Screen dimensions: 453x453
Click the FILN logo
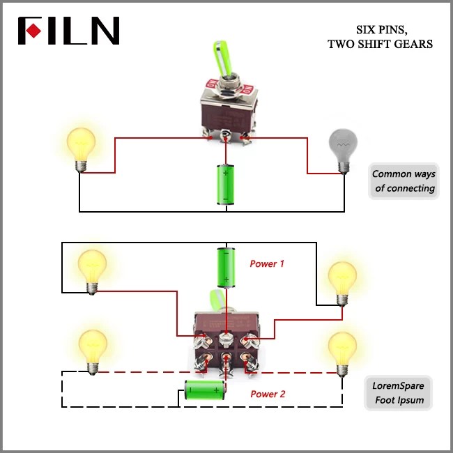click(68, 31)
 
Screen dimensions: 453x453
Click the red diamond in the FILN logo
click(32, 31)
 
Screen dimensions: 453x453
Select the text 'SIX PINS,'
click(381, 30)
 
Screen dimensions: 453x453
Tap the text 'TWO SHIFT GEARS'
click(380, 44)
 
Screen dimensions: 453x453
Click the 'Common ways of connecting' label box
click(403, 181)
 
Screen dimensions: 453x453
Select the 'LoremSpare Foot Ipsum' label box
click(398, 393)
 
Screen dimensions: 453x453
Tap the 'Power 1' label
click(267, 263)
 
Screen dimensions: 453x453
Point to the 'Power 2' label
click(268, 394)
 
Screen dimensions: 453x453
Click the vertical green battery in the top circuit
click(226, 185)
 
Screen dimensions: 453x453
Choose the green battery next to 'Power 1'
click(226, 267)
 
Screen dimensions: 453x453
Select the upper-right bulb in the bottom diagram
click(342, 282)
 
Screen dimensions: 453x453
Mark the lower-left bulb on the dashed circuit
click(91, 351)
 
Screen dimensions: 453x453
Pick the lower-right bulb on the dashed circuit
click(342, 353)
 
